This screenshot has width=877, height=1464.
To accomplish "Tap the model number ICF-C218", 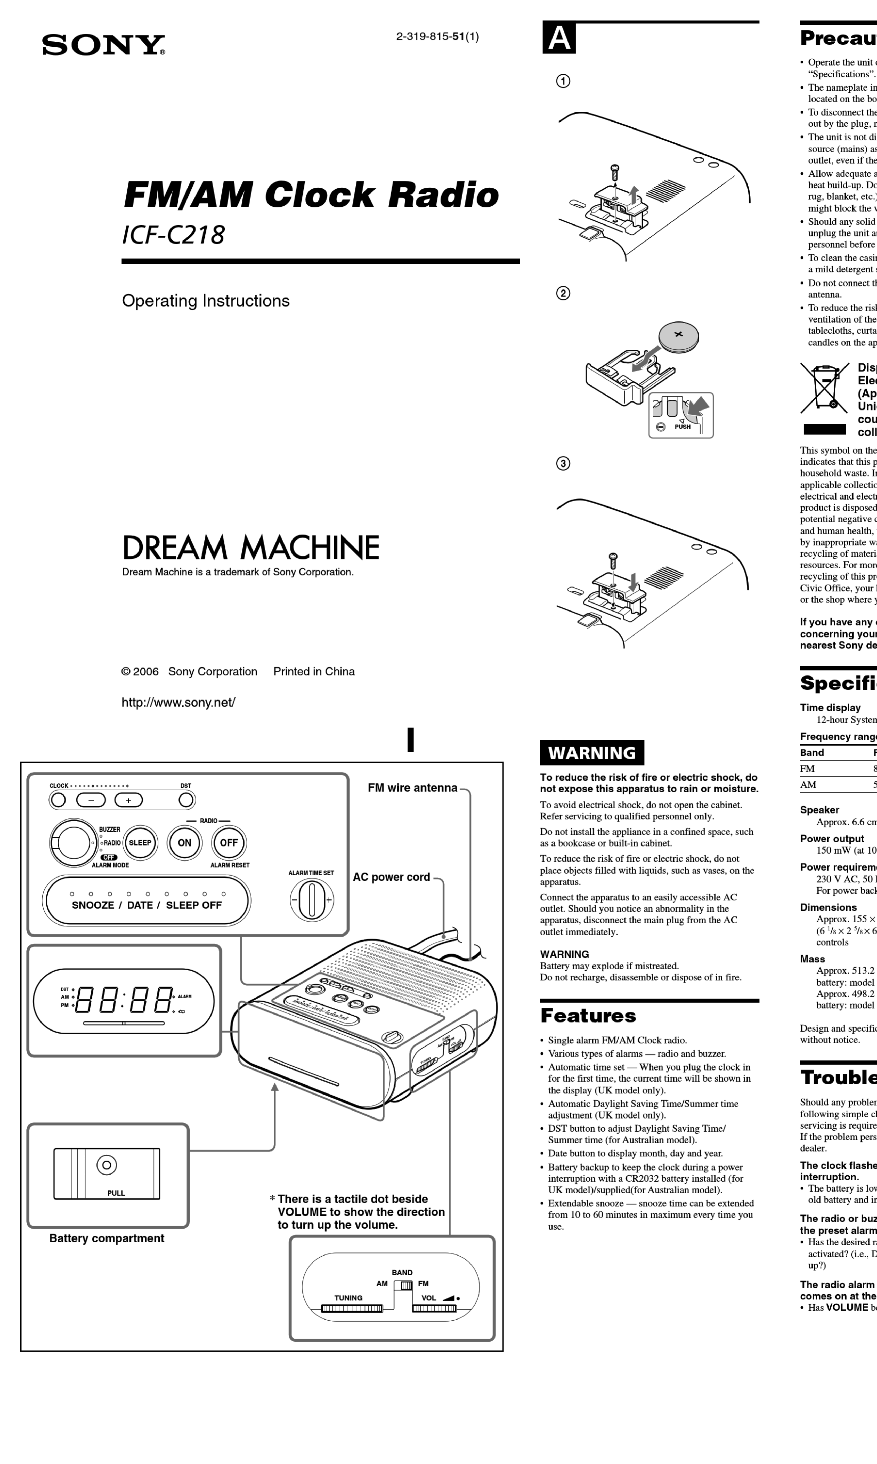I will coord(173,235).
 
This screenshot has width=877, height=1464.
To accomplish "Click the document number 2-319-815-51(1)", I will coord(437,37).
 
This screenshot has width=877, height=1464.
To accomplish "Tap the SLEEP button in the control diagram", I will coord(140,843).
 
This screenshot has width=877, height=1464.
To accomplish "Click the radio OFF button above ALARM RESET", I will coord(229,843).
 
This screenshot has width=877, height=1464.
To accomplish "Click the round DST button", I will coord(186,800).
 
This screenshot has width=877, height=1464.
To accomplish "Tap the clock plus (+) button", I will coord(128,800).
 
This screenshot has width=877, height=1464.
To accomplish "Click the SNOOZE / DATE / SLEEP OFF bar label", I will coord(147,905).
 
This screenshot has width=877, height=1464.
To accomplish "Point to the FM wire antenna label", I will coord(412,788).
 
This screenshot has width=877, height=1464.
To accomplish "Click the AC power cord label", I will coord(391,877).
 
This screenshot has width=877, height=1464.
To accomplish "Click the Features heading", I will coord(588,1015).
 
